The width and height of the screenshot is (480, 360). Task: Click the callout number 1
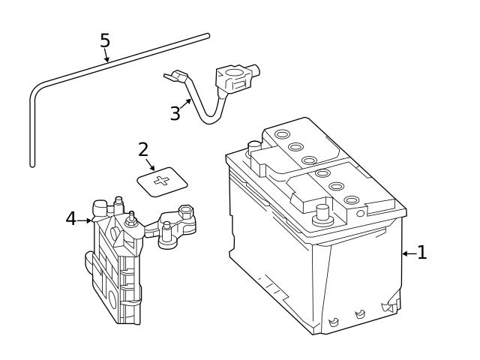(x=421, y=253)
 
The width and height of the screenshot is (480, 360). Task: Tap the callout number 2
(x=143, y=148)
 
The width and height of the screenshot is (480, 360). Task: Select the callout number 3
(x=175, y=114)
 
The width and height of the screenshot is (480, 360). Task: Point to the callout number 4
(x=70, y=218)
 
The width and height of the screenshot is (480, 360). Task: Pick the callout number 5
(x=106, y=40)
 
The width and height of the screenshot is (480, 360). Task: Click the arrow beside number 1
(x=409, y=253)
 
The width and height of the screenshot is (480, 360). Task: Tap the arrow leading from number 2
(x=151, y=163)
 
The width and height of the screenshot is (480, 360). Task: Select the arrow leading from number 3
(x=184, y=104)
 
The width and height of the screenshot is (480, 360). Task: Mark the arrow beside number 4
(x=85, y=220)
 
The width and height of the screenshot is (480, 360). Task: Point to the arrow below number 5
(x=107, y=55)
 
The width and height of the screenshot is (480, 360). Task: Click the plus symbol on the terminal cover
(x=161, y=181)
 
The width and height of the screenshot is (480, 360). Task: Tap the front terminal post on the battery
(x=323, y=212)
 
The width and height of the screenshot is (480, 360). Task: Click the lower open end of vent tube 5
(x=32, y=163)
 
